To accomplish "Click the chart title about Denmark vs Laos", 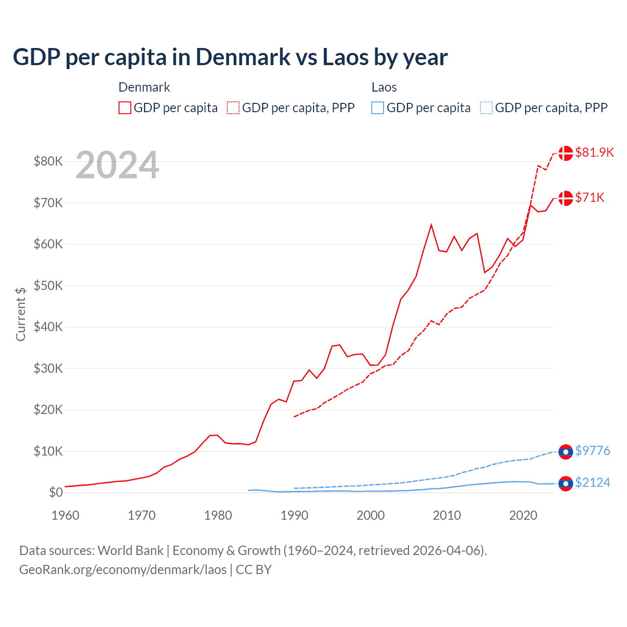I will pyautogui.click(x=230, y=57).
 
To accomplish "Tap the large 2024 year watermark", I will pyautogui.click(x=118, y=165).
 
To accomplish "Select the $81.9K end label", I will pyautogui.click(x=594, y=152).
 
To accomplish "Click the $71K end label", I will pyautogui.click(x=590, y=197).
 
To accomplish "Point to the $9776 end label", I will pyautogui.click(x=592, y=451).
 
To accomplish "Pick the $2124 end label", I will pyautogui.click(x=592, y=482).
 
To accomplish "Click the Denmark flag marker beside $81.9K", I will pyautogui.click(x=566, y=153).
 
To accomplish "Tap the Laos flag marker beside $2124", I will pyautogui.click(x=566, y=483).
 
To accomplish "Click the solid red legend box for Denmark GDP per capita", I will pyautogui.click(x=125, y=108).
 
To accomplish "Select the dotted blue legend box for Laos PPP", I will pyautogui.click(x=486, y=108).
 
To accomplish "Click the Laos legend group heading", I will pyautogui.click(x=384, y=87).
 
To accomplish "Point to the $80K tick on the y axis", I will pyautogui.click(x=48, y=161).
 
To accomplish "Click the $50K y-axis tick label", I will pyautogui.click(x=48, y=286).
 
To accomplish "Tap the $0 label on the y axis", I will pyautogui.click(x=55, y=492).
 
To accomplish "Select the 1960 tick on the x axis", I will pyautogui.click(x=65, y=515).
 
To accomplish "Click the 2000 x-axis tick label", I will pyautogui.click(x=370, y=515).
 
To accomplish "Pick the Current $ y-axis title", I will pyautogui.click(x=21, y=313).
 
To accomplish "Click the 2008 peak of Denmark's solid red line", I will pyautogui.click(x=431, y=225).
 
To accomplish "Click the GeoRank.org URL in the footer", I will pyautogui.click(x=122, y=570).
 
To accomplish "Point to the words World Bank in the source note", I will pyautogui.click(x=130, y=551).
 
